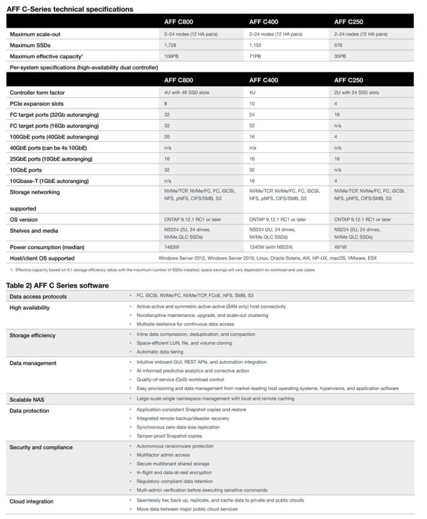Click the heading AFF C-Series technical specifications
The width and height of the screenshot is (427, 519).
[69, 9]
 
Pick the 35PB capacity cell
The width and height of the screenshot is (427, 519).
[340, 56]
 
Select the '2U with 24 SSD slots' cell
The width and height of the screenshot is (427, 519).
[356, 92]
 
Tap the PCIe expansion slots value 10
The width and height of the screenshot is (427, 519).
[252, 103]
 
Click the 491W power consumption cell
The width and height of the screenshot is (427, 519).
[340, 247]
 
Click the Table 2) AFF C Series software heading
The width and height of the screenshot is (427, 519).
[57, 285]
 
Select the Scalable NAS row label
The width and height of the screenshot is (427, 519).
[29, 399]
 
